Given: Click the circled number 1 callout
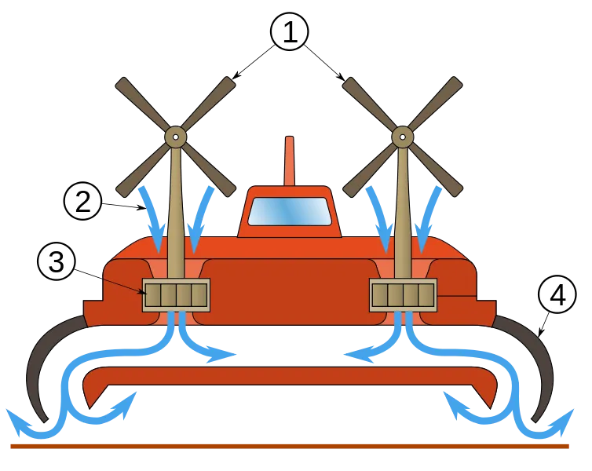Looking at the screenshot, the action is coord(290,31).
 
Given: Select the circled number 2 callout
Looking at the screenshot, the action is coord(82,201).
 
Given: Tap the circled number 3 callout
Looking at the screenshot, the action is coord(57,261).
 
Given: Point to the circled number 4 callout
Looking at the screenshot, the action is coord(557,294).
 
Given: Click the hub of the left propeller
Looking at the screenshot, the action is coord(176,137).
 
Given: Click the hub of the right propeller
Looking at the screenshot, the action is coord(403,137).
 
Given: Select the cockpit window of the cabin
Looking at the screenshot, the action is coord(290,212).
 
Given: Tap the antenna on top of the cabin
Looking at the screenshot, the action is coord(290,161).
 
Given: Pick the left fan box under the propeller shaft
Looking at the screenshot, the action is coord(176,295).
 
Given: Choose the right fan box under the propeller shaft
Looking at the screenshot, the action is coord(404,295).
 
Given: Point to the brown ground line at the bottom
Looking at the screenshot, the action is coord(290,447).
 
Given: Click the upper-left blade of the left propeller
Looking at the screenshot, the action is coord(141,104).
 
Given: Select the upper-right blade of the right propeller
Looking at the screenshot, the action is coord(435,104).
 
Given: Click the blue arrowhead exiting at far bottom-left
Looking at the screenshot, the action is coord(17,421).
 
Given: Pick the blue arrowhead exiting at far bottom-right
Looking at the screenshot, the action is coord(562,421).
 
